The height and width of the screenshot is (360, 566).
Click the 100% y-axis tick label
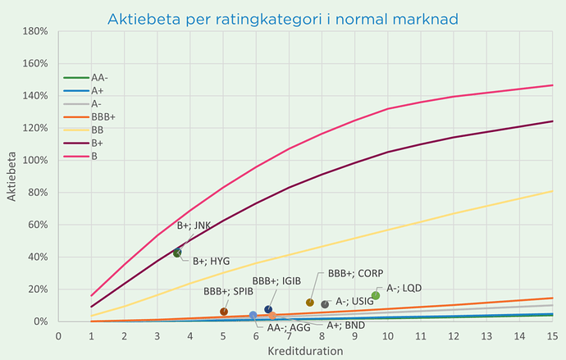[x=37, y=160]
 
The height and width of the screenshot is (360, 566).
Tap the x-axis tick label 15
[x=552, y=335]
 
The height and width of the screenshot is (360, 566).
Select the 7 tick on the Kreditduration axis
[x=289, y=335]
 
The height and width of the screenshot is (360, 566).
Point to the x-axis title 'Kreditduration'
[x=306, y=350]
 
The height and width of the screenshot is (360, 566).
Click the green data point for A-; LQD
[x=376, y=295]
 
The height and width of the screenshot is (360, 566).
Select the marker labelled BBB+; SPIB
[x=224, y=312]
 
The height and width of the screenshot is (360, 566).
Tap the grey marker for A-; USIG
[x=325, y=304]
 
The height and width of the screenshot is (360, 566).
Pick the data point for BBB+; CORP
[x=310, y=303]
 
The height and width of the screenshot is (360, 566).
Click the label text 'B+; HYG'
[x=211, y=261]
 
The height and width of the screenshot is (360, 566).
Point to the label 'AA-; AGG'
[x=288, y=327]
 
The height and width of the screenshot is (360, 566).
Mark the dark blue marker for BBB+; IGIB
[x=268, y=309]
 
